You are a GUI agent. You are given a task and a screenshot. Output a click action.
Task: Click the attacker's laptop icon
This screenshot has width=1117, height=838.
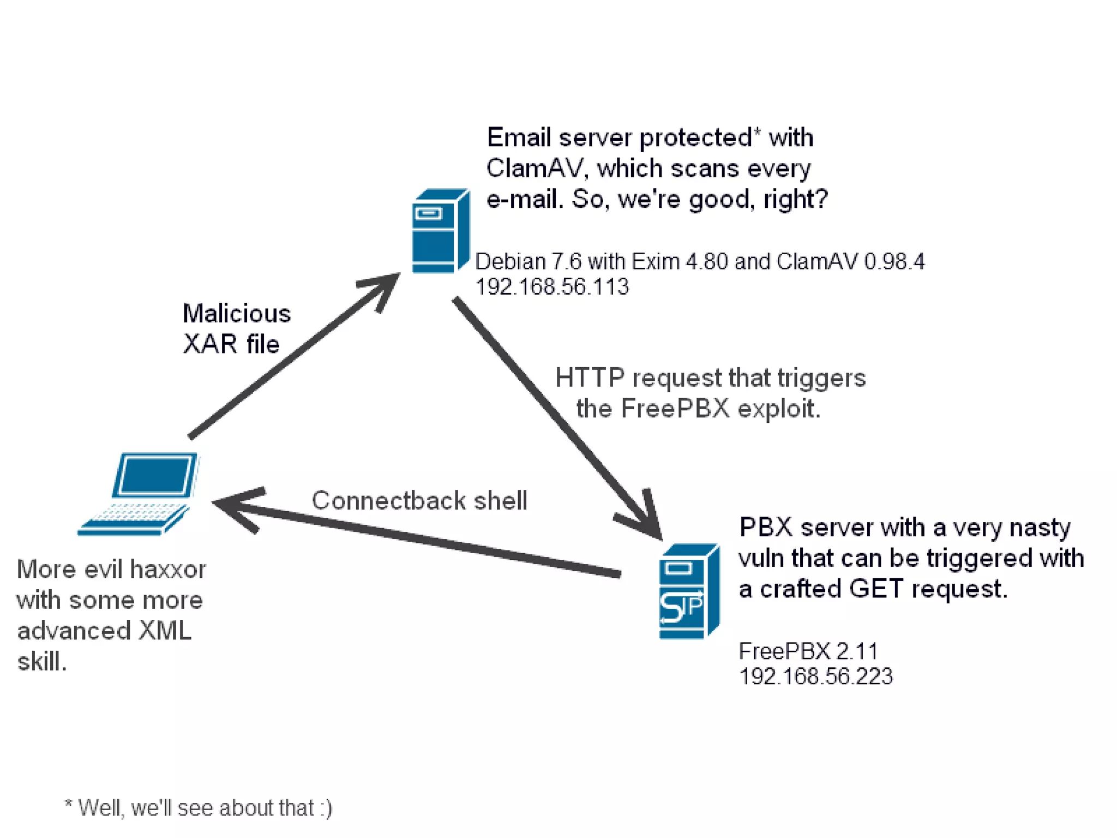[139, 494]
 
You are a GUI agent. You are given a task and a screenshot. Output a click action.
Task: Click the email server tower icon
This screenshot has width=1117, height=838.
[441, 231]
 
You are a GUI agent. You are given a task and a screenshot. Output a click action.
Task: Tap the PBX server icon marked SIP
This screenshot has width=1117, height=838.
[689, 591]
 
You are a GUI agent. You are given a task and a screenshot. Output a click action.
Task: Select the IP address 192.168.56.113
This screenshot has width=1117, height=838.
[552, 287]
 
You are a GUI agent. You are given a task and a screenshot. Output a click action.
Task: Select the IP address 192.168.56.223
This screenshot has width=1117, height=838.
[816, 677]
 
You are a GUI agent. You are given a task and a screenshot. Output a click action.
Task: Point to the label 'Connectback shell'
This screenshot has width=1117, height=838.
[419, 500]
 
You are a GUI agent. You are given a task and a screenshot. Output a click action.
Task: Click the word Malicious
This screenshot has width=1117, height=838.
[237, 313]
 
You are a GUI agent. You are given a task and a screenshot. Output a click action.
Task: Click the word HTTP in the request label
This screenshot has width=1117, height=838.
[590, 378]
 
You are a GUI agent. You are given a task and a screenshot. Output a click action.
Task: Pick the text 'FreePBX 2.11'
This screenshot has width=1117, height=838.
[808, 651]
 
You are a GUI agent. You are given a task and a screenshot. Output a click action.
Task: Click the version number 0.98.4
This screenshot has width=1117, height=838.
[894, 262]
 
